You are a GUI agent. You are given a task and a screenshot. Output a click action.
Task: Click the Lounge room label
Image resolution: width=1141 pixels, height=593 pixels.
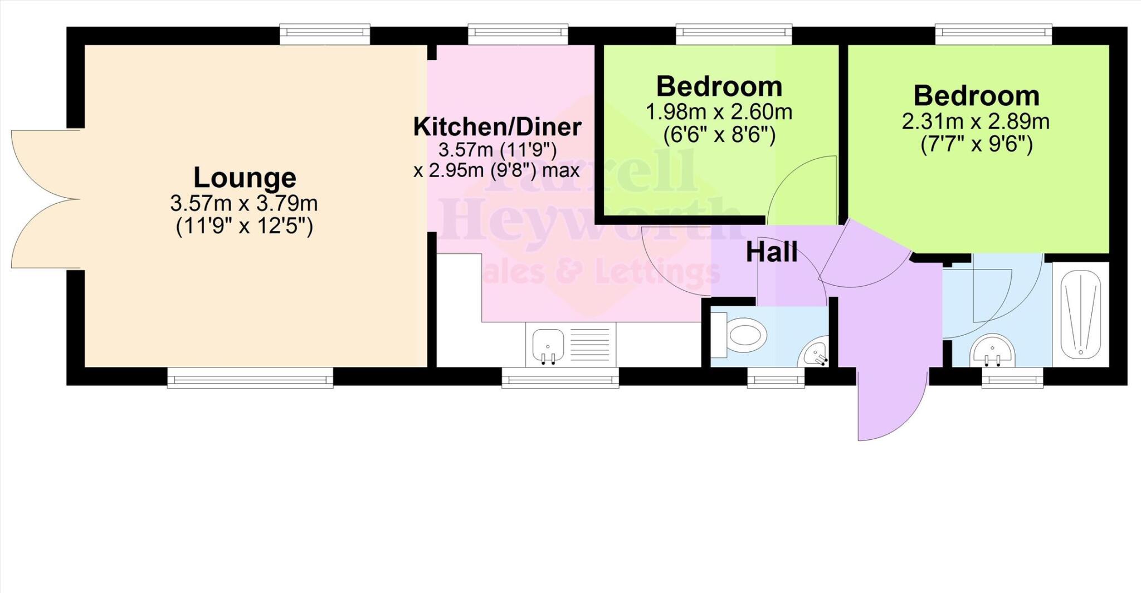[x=245, y=178]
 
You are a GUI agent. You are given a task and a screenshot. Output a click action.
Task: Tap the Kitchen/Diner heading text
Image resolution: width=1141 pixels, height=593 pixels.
[x=497, y=127]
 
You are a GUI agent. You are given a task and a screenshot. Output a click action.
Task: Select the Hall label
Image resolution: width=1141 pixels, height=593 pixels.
[x=771, y=252]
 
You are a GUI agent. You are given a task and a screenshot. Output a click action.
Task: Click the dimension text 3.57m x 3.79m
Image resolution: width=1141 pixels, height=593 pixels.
[x=244, y=203]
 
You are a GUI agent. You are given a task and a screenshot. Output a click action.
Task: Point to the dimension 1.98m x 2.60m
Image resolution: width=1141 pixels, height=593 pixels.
[x=719, y=112]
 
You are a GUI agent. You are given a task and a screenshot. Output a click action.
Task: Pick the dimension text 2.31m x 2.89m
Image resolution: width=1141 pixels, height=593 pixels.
[x=976, y=121]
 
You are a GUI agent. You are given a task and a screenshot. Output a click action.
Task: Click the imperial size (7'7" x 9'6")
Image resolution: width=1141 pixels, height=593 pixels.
[x=976, y=145]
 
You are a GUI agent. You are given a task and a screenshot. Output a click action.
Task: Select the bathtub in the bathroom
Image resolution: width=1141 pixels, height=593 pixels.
[x=1080, y=314]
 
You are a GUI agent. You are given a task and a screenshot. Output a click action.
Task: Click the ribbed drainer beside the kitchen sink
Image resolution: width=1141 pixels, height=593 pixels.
[x=589, y=342]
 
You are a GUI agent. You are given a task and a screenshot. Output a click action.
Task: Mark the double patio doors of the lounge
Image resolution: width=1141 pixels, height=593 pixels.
[x=45, y=199]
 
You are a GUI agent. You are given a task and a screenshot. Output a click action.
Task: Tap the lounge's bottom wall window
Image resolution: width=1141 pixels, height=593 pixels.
[x=250, y=379]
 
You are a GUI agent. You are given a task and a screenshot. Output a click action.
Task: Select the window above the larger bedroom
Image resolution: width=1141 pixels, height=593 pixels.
[x=993, y=33]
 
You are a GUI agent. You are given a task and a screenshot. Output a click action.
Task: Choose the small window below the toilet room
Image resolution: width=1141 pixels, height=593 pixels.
[x=776, y=381]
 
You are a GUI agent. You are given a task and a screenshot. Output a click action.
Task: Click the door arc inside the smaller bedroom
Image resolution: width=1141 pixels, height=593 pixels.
[x=802, y=189]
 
